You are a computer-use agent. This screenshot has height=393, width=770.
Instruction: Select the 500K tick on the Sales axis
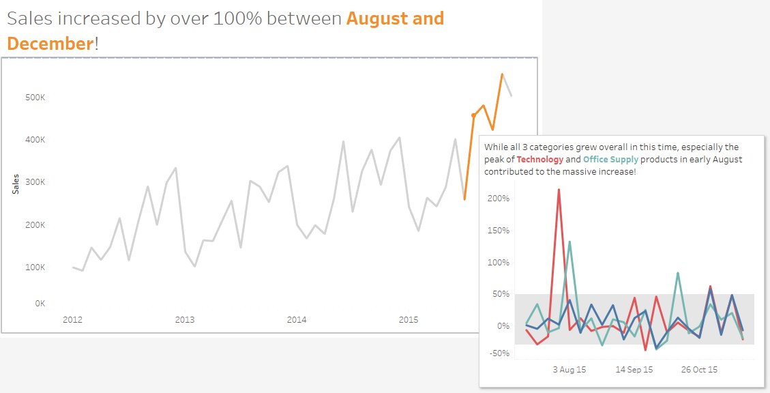[35, 98]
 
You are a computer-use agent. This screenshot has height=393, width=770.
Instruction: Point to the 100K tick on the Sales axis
[35, 267]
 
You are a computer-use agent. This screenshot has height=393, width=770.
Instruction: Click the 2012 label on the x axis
[72, 319]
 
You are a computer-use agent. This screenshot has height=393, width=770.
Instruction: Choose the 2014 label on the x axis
[296, 319]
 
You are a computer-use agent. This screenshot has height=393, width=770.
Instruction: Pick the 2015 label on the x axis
[408, 319]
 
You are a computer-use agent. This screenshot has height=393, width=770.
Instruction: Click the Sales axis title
[15, 184]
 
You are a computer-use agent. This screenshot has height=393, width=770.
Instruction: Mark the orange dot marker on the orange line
[474, 115]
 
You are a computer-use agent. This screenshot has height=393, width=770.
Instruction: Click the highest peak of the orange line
[502, 74]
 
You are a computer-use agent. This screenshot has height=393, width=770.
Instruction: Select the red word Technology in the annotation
[540, 160]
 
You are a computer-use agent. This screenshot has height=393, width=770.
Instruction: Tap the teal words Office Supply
[611, 160]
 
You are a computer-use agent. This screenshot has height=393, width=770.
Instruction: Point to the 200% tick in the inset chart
[499, 199]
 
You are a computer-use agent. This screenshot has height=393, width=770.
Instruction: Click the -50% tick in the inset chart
[499, 353]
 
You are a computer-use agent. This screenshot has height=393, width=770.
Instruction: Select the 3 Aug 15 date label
[569, 369]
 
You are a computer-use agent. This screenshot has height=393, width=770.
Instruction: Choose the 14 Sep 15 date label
[634, 369]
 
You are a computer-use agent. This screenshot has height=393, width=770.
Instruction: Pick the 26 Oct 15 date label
[700, 369]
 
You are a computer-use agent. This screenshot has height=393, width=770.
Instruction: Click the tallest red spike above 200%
[559, 190]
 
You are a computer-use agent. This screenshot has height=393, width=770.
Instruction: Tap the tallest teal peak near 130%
[569, 242]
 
